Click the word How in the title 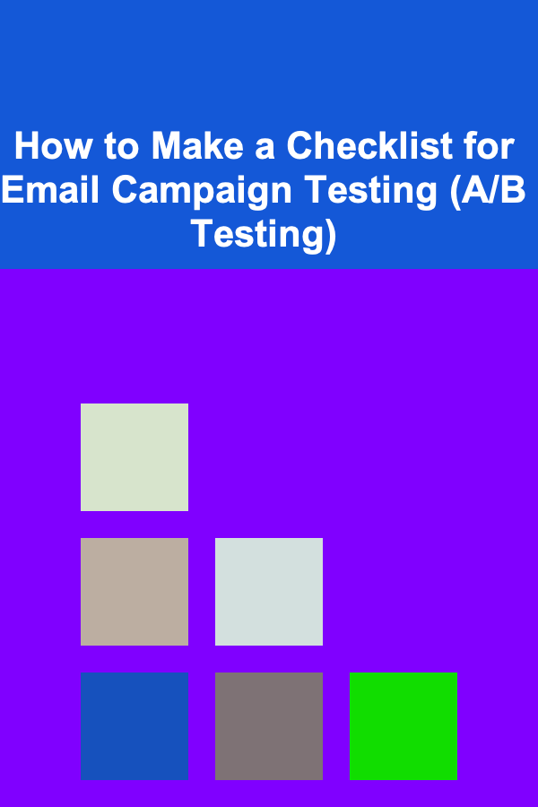(54, 145)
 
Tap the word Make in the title (197, 145)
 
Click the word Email (50, 190)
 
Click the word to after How (122, 147)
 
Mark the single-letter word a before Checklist (265, 150)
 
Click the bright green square (403, 725)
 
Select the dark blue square (134, 725)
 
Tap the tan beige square (134, 592)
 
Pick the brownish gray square (269, 725)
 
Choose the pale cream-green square (134, 457)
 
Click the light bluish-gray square (269, 592)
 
